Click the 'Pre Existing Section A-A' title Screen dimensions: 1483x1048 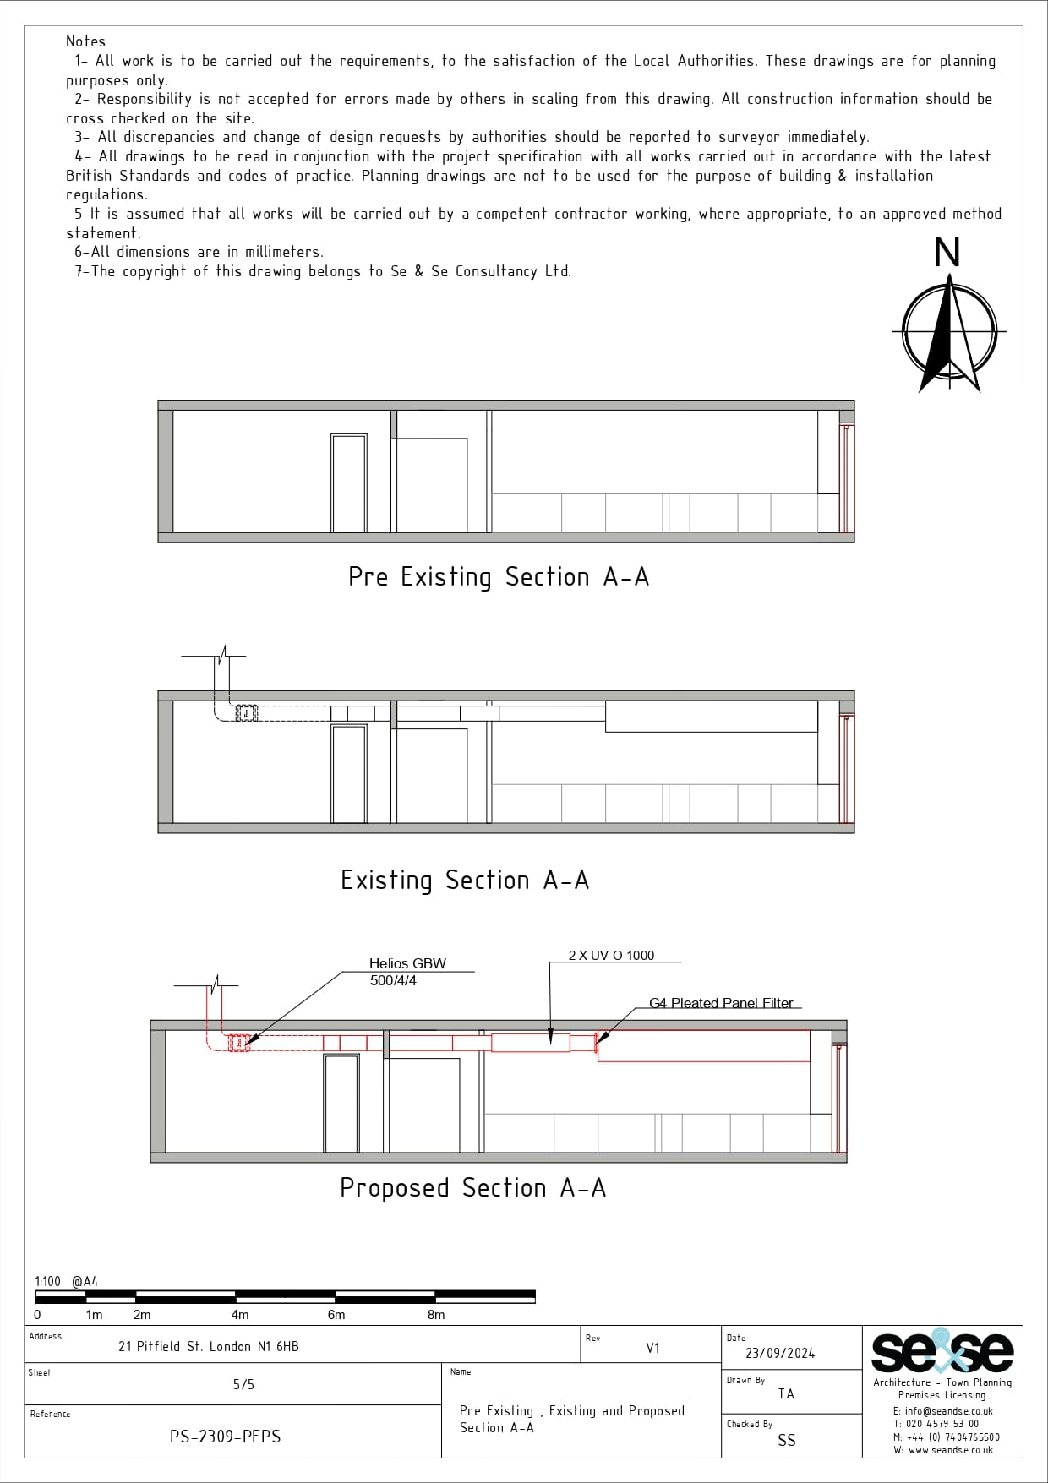tap(499, 577)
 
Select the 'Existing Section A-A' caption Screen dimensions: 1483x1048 tap(465, 881)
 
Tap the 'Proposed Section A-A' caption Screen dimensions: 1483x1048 tap(473, 1188)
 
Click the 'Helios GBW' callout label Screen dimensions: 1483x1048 tap(407, 964)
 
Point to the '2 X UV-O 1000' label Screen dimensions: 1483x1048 tap(611, 956)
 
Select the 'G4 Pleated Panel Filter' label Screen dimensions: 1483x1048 tap(721, 1004)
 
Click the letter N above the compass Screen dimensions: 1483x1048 tap(947, 253)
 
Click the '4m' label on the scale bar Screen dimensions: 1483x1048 tap(240, 1315)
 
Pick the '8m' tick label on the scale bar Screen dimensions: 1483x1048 tap(436, 1315)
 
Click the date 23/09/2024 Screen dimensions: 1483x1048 tap(780, 1354)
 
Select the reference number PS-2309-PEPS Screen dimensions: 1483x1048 tap(225, 1437)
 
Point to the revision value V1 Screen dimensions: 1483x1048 tap(652, 1349)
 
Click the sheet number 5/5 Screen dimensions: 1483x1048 tap(243, 1385)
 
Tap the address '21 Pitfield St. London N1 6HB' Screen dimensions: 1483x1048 tap(208, 1347)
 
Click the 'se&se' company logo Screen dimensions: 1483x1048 tap(942, 1353)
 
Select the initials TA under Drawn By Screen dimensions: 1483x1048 tap(786, 1394)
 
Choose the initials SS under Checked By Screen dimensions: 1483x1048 tap(786, 1441)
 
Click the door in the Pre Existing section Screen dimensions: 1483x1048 tap(348, 483)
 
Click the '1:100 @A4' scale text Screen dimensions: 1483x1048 tap(67, 1282)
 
